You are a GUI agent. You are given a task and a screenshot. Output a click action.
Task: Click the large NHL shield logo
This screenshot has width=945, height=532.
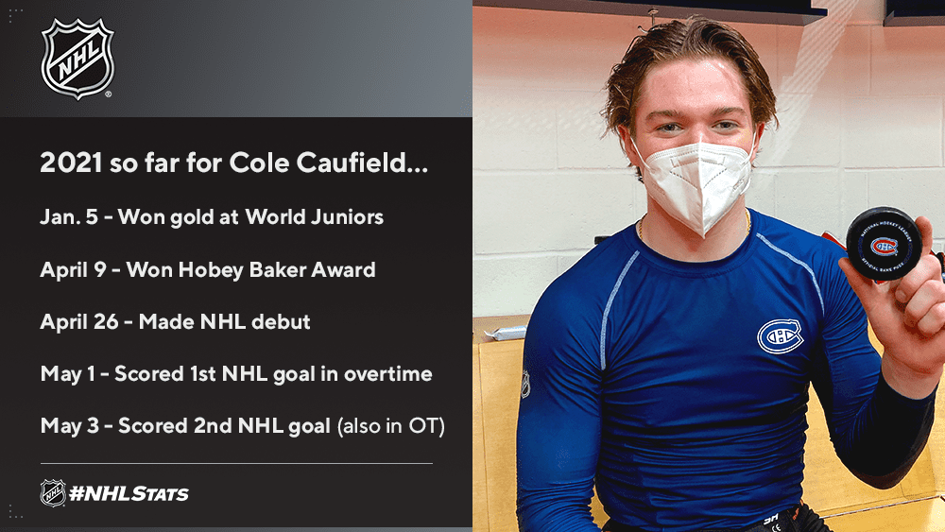pos(77,59)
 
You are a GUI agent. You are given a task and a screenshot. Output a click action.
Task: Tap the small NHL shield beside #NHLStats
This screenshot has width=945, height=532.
pos(53,493)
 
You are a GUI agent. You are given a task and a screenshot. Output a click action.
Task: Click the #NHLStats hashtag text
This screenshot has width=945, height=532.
pos(129,494)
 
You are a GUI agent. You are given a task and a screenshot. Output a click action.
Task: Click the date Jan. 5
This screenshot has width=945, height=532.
pos(69,217)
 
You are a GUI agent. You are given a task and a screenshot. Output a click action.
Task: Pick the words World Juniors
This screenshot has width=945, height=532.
pos(314,217)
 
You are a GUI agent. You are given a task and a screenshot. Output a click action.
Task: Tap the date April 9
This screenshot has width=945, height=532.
pos(73,270)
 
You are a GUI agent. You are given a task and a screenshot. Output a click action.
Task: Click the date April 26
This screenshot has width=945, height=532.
pos(79,321)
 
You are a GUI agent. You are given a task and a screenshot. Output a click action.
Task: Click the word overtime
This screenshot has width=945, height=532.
pos(388,374)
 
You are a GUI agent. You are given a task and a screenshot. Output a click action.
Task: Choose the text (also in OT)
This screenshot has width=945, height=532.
pos(391,426)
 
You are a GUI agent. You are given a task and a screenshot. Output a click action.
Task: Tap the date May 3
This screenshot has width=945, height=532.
pos(69,426)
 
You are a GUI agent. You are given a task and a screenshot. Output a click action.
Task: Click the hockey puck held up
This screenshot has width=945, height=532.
pos(884,244)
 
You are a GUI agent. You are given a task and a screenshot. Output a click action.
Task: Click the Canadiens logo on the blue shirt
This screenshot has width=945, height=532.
pos(780,335)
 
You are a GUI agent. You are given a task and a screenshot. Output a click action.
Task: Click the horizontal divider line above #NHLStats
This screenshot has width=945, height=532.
pos(236,463)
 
